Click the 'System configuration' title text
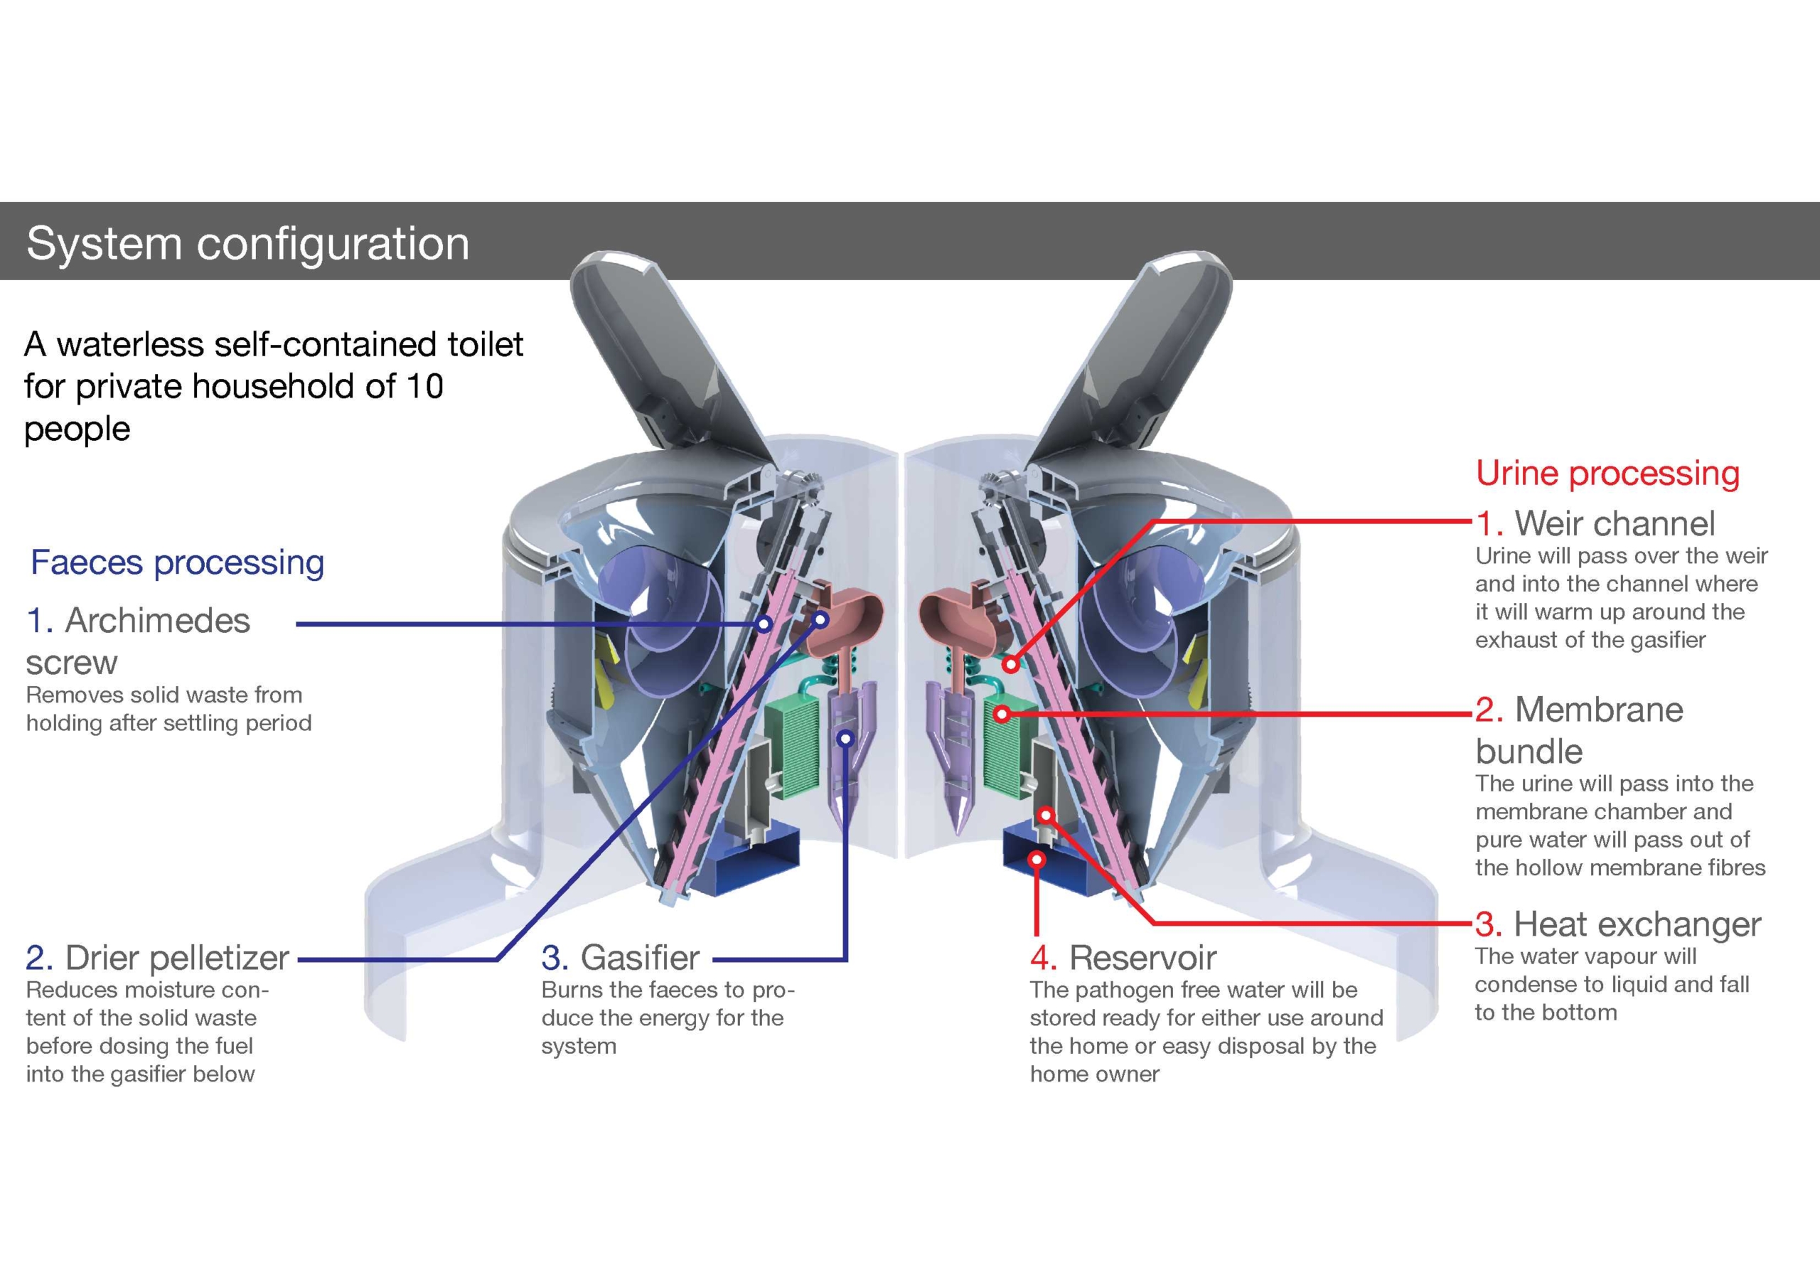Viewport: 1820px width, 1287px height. (x=247, y=242)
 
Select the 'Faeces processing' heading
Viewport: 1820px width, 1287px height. (x=177, y=562)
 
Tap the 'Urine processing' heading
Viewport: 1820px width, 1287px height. (x=1607, y=473)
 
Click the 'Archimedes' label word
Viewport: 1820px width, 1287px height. (x=157, y=620)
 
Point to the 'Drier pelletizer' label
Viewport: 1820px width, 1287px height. (x=176, y=958)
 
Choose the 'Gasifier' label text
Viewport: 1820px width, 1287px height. (x=640, y=958)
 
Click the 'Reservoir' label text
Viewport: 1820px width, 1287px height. (x=1142, y=958)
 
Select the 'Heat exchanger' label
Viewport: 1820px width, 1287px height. (x=1637, y=924)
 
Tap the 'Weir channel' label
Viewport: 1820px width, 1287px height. (x=1614, y=523)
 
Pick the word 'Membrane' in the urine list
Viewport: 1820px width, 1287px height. (x=1599, y=710)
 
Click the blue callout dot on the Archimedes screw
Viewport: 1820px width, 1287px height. (x=764, y=624)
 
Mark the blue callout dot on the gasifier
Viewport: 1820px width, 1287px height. (x=846, y=738)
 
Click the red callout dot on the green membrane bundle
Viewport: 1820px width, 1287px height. (x=1002, y=715)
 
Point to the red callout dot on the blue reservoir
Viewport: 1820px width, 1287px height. (x=1037, y=860)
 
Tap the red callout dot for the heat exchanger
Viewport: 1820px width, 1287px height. (x=1046, y=814)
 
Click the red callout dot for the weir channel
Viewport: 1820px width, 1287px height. (x=1011, y=663)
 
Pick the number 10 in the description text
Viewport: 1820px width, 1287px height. (x=424, y=387)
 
